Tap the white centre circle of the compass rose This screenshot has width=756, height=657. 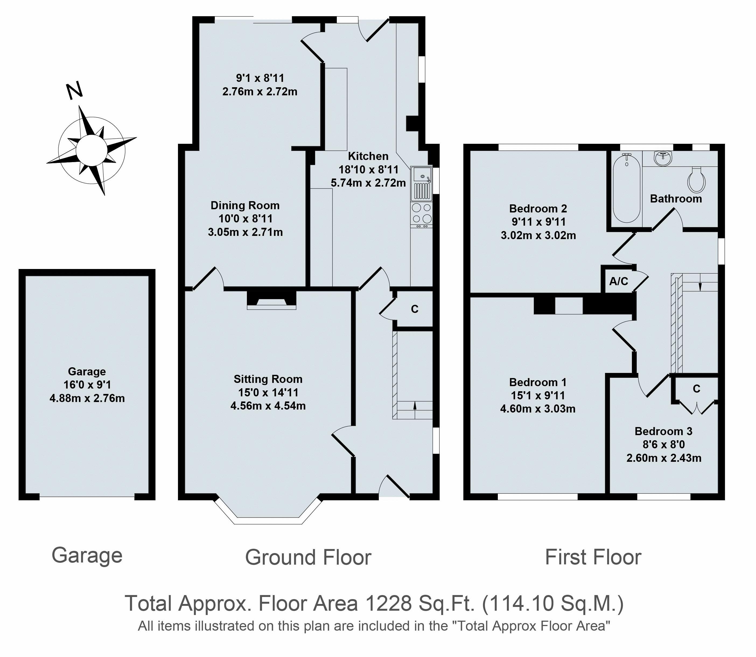[91, 150]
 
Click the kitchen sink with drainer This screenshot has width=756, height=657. [422, 184]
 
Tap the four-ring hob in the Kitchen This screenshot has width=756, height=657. [422, 213]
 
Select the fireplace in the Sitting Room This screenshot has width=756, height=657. [271, 300]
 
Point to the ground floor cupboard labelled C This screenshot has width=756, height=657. [414, 309]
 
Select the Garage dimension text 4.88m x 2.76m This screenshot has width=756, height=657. [87, 398]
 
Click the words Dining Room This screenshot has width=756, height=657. [245, 205]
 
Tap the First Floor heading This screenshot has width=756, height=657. [593, 557]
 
